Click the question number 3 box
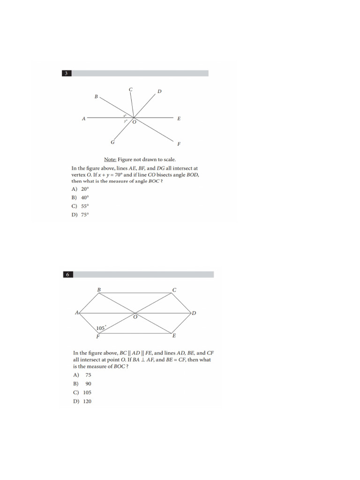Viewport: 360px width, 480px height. pyautogui.click(x=67, y=73)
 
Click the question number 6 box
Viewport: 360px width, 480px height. pyautogui.click(x=67, y=274)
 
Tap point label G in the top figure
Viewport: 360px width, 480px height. pyautogui.click(x=112, y=142)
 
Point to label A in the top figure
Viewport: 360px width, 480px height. pyautogui.click(x=84, y=119)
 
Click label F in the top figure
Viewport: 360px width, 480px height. pyautogui.click(x=179, y=143)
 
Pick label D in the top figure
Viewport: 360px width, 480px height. pyautogui.click(x=159, y=91)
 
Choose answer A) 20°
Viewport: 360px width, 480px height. pyautogui.click(x=80, y=189)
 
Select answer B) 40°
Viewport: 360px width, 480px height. pyautogui.click(x=80, y=198)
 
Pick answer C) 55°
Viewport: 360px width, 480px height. pyautogui.click(x=80, y=206)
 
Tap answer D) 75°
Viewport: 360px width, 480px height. pyautogui.click(x=80, y=215)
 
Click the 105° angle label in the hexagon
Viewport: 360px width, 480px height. pyautogui.click(x=101, y=328)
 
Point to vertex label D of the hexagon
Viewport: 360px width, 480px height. pyautogui.click(x=194, y=313)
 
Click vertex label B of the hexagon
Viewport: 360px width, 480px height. pyautogui.click(x=99, y=290)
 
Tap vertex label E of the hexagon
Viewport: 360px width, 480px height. pyautogui.click(x=174, y=336)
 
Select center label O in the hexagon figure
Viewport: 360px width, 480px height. pyautogui.click(x=135, y=317)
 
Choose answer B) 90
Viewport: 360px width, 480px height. pyautogui.click(x=82, y=384)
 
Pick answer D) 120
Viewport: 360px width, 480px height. pyautogui.click(x=82, y=401)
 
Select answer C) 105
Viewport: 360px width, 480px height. pyautogui.click(x=82, y=392)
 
